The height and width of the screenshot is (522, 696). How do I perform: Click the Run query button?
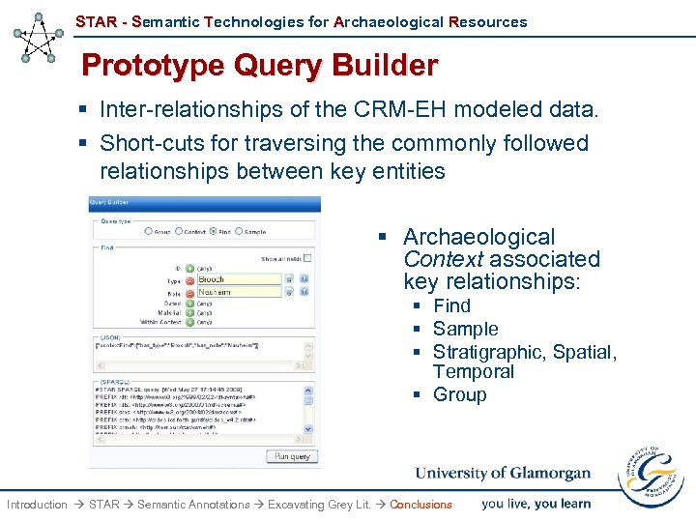tap(291, 456)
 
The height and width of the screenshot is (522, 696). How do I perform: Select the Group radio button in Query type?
tap(148, 231)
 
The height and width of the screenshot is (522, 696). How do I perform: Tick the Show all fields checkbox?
tap(307, 258)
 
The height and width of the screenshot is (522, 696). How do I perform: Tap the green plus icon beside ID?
tap(189, 268)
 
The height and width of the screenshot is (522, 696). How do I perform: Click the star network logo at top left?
tap(39, 38)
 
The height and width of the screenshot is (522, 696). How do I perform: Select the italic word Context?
tap(443, 259)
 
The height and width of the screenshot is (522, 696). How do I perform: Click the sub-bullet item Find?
tap(451, 305)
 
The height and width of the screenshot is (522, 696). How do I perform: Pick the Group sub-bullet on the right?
tap(459, 394)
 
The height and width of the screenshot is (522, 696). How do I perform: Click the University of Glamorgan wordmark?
tap(503, 474)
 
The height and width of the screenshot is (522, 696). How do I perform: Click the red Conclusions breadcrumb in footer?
tap(420, 505)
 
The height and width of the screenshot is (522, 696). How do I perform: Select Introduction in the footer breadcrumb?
tap(37, 505)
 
